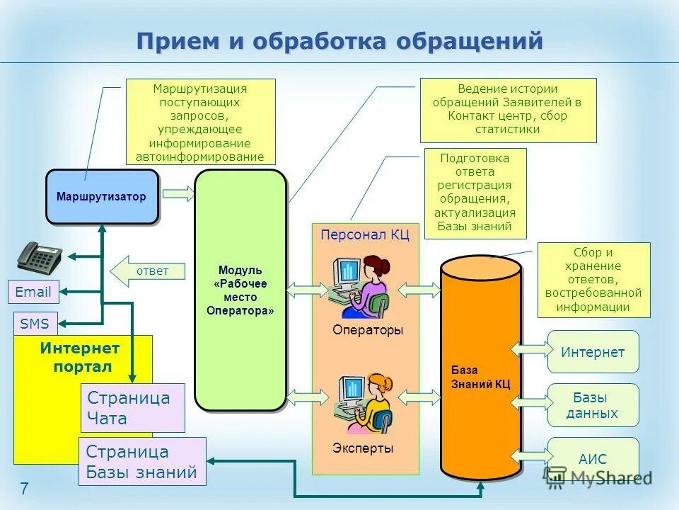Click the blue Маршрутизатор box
click(102, 197)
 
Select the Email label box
click(33, 292)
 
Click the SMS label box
click(35, 324)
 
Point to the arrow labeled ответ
click(149, 271)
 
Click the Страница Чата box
click(133, 408)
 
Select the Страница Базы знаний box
click(141, 461)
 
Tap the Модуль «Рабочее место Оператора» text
click(240, 290)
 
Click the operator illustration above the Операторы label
click(361, 287)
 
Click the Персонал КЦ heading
click(365, 235)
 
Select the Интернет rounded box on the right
click(593, 352)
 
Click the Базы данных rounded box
click(593, 405)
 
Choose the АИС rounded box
click(593, 458)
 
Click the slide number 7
click(24, 488)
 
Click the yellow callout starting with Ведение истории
click(508, 110)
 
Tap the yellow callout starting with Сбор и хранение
click(593, 280)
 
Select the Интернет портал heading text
click(80, 357)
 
